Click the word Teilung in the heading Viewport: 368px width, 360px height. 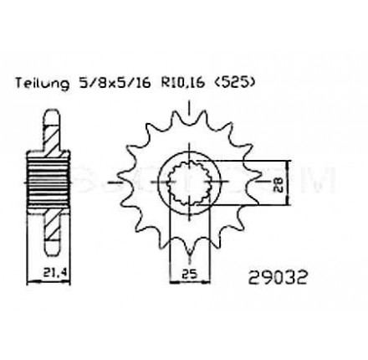42,83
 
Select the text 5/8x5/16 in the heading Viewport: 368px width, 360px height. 115,83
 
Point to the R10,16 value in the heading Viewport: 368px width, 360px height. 182,83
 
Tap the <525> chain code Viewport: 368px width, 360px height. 234,83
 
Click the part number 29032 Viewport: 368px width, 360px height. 278,278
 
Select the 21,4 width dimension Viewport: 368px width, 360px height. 56,273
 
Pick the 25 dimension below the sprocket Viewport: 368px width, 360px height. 189,274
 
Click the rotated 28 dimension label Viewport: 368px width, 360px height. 278,183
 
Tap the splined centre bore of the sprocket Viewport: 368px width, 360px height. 189,183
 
